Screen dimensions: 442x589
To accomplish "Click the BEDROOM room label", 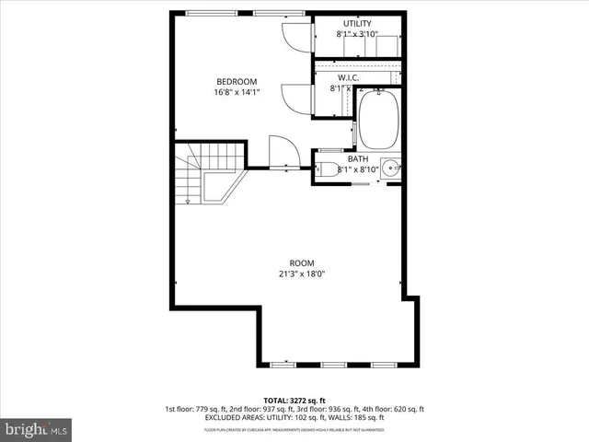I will point(237,81).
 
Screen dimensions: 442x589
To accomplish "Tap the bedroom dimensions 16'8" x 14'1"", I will point(237,92).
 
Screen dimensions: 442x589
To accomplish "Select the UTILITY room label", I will point(358,23).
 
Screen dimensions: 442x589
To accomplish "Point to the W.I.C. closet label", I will point(349,78).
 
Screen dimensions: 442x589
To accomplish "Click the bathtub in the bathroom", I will point(377,120).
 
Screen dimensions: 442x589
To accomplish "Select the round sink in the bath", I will point(390,169).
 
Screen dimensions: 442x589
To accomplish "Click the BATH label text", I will point(358,158).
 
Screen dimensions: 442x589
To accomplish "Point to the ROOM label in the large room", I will point(302,262).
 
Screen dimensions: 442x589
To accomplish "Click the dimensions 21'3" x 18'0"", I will point(302,273).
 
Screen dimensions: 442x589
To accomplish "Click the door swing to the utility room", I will point(297,35).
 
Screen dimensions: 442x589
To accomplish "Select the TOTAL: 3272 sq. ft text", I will point(294,400).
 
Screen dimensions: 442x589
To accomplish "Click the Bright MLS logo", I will point(37,429).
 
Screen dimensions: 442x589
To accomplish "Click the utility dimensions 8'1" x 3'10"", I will point(358,34).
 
